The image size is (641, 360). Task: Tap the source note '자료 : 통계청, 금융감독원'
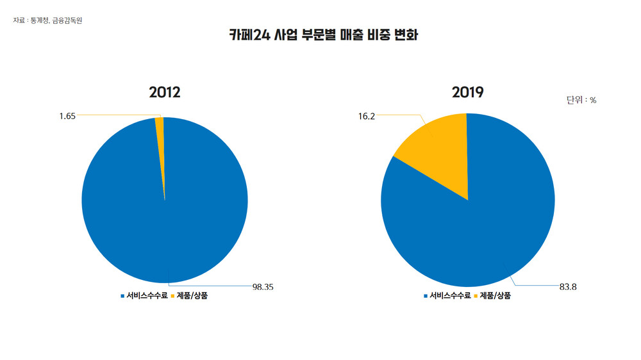(x=47, y=20)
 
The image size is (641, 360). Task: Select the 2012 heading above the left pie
(x=165, y=92)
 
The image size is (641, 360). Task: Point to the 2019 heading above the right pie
(x=468, y=92)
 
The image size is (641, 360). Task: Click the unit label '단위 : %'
(x=581, y=100)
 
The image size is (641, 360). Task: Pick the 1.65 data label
(x=67, y=116)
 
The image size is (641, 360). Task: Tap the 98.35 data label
(x=263, y=287)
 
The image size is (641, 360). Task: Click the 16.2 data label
(x=367, y=117)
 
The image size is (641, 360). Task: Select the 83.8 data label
(x=568, y=287)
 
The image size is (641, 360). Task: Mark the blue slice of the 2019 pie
(x=474, y=231)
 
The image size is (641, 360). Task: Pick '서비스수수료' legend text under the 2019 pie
(x=450, y=296)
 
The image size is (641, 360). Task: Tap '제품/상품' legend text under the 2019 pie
(x=495, y=296)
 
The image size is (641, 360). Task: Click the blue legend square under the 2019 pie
(x=426, y=296)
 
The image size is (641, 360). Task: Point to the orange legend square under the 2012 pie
(x=172, y=296)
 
